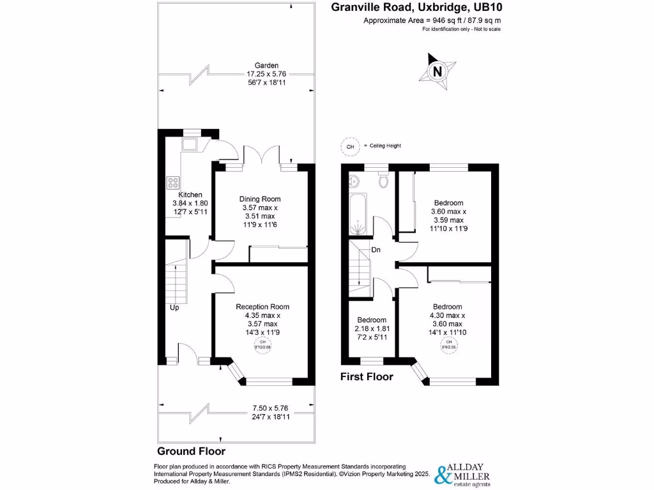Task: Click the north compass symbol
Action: click(437, 71)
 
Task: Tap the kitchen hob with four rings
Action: click(173, 182)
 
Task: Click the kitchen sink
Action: click(190, 144)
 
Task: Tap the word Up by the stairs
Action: click(174, 308)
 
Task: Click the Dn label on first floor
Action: click(376, 249)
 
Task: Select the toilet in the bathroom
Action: click(383, 182)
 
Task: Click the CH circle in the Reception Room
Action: click(261, 345)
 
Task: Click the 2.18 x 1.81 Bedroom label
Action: click(372, 328)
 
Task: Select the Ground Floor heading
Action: click(191, 450)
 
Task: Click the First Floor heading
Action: click(367, 376)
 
